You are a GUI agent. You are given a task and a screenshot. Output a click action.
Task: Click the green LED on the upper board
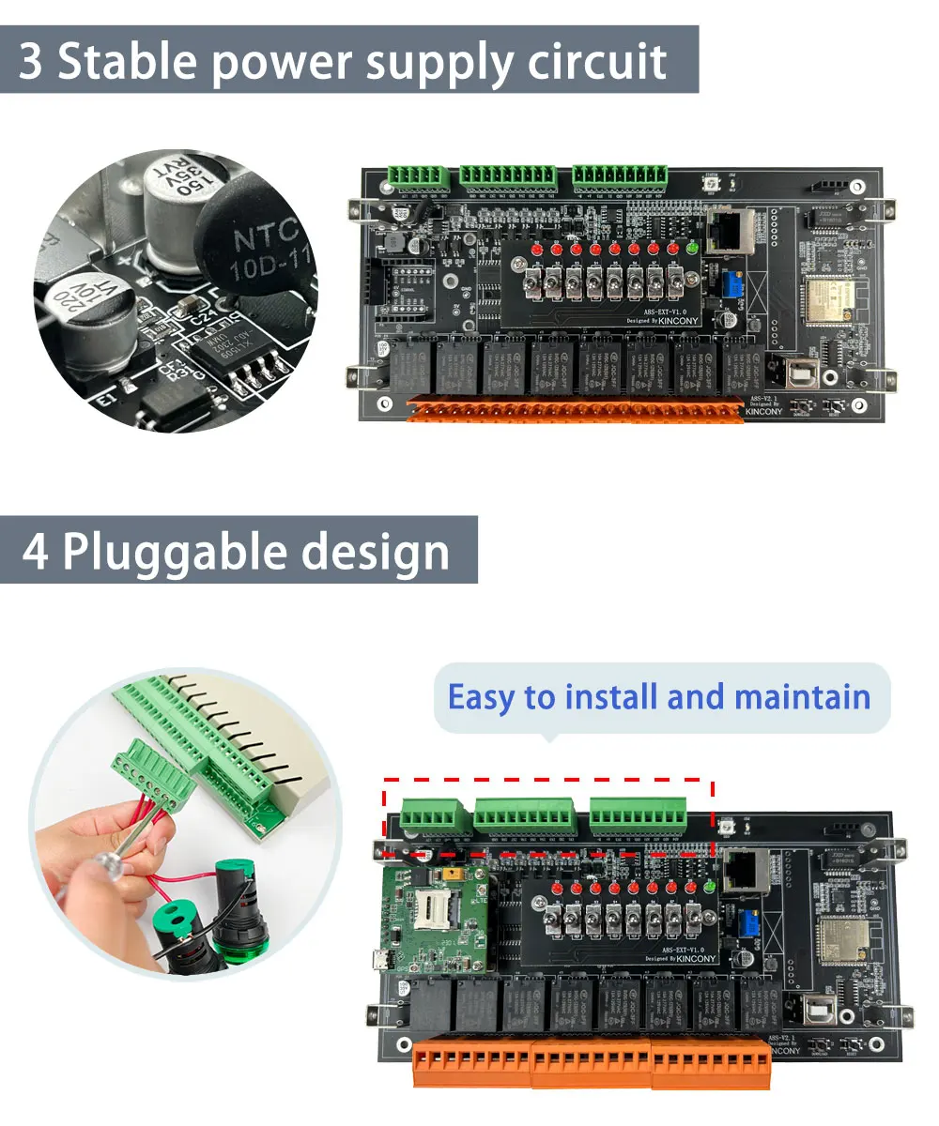[693, 248]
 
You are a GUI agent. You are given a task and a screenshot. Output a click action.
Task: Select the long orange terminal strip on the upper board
[575, 408]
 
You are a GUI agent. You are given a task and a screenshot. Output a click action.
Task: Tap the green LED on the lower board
[709, 886]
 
